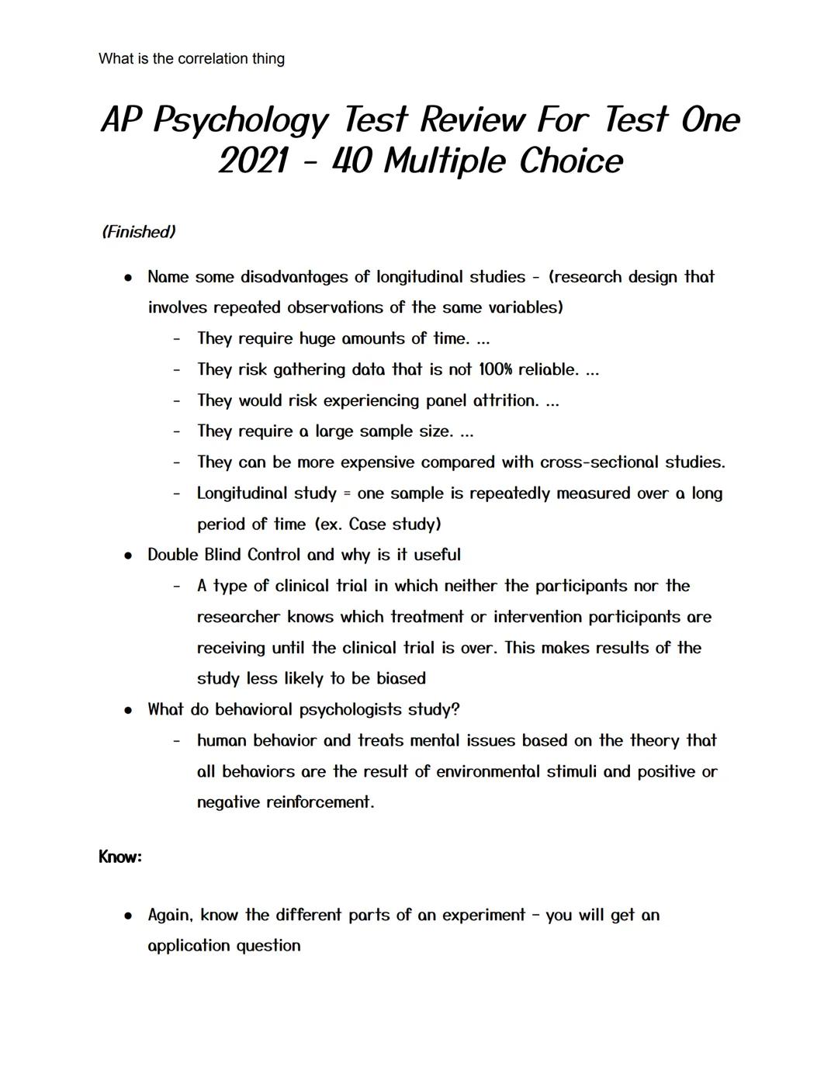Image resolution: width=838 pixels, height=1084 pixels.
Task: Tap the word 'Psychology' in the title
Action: tap(241, 120)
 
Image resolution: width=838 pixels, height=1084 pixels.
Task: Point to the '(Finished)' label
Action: tap(139, 232)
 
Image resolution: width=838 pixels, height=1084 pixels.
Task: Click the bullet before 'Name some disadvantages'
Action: tap(128, 278)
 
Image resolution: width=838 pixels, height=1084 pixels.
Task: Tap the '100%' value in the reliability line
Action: tap(495, 369)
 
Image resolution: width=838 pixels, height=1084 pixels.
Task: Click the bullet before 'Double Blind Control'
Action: tap(128, 556)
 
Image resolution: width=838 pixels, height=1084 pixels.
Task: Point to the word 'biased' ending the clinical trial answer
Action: tap(401, 679)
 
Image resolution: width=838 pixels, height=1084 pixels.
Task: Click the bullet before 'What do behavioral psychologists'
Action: tap(128, 710)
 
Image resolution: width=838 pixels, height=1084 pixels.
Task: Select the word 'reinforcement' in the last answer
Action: tap(319, 802)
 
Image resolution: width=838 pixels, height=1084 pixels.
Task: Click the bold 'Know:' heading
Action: tap(120, 857)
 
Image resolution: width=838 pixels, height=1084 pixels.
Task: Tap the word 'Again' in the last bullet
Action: tap(169, 916)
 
